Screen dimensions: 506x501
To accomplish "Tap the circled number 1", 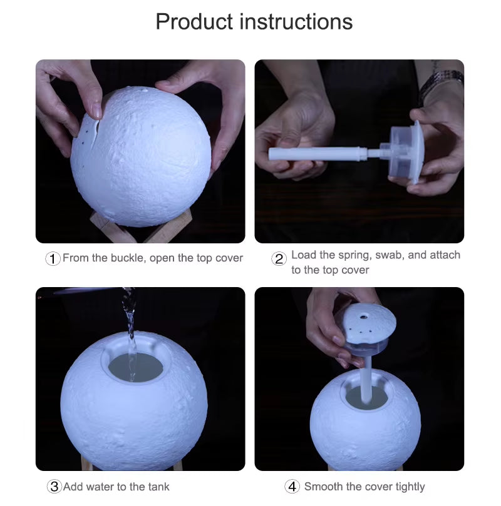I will pyautogui.click(x=53, y=258).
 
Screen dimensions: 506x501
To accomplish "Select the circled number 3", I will pyautogui.click(x=54, y=487).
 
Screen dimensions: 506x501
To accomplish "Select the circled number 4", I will pyautogui.click(x=292, y=487).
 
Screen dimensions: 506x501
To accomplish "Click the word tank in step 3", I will pyautogui.click(x=158, y=487).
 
